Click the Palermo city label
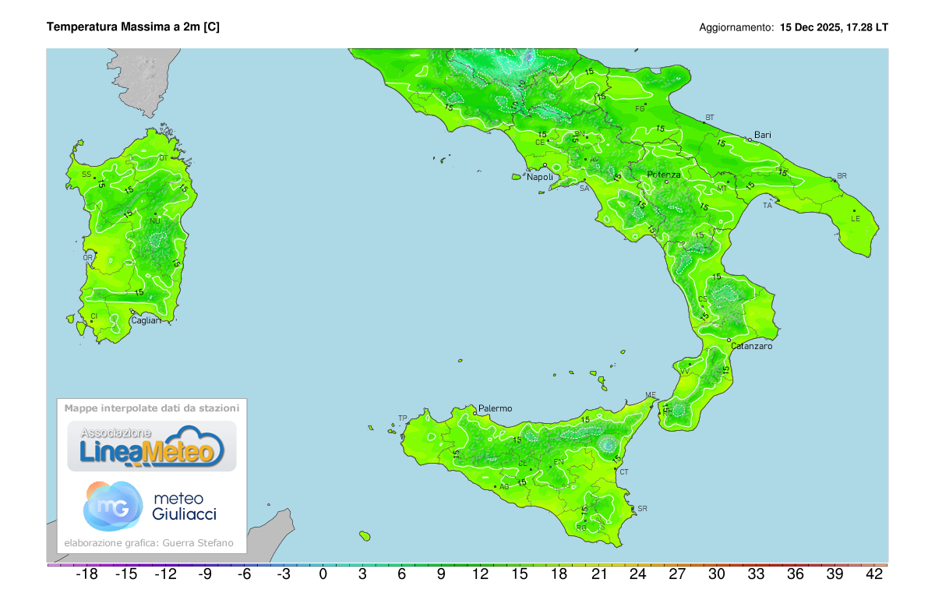pyautogui.click(x=496, y=408)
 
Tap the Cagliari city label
pyautogui.click(x=146, y=320)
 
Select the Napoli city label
pyautogui.click(x=540, y=177)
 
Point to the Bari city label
pyautogui.click(x=762, y=135)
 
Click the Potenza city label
pyautogui.click(x=664, y=175)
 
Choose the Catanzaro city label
pyautogui.click(x=752, y=346)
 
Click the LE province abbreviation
pyautogui.click(x=856, y=219)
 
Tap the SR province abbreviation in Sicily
pyautogui.click(x=642, y=509)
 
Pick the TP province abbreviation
pyautogui.click(x=403, y=418)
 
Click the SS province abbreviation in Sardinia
pyautogui.click(x=86, y=174)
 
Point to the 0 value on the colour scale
pyautogui.click(x=323, y=575)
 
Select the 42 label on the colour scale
pyautogui.click(x=873, y=575)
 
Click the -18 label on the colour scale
pyautogui.click(x=86, y=575)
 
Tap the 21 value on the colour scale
pyautogui.click(x=598, y=575)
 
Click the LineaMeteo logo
pyautogui.click(x=152, y=446)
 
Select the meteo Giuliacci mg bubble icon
pyautogui.click(x=112, y=505)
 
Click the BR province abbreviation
pyautogui.click(x=841, y=176)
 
